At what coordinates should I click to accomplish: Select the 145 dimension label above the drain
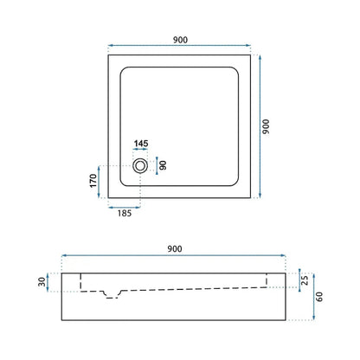pos(141,144)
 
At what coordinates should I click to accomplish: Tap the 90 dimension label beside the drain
pos(163,165)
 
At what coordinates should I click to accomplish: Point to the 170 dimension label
pos(93,181)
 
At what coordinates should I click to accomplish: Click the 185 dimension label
pos(125,214)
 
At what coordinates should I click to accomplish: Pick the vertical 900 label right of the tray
pos(266,126)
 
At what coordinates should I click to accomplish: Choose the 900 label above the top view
pos(180,40)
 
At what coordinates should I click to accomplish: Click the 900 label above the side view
pos(175,249)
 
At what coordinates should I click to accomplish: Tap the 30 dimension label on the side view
pos(42,282)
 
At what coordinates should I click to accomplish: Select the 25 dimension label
pos(305,280)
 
